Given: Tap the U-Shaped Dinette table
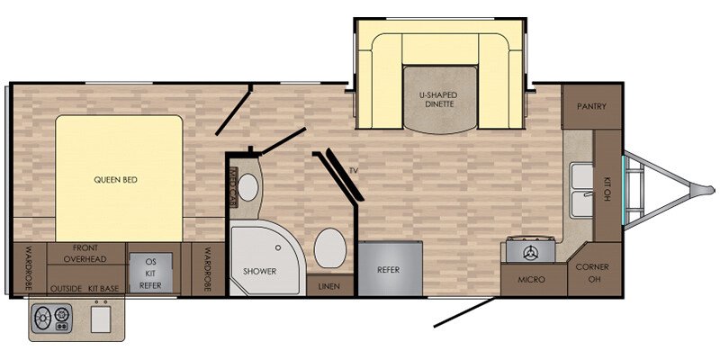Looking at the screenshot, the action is coord(439,100).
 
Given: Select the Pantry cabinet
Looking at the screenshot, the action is coord(591,106).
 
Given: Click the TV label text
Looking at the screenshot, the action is coord(353,170).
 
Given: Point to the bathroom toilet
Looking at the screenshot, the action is coord(329,248).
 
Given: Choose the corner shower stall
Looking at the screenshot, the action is coord(267,260).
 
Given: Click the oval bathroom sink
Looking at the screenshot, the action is coord(248,187).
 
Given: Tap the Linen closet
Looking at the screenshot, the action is coord(329,286).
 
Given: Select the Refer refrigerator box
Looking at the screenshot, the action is coord(391,269).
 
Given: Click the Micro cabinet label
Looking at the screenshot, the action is coord(531,280).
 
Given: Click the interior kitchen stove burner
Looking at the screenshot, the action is coord(530,251).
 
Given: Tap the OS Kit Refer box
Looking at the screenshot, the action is coord(150,273).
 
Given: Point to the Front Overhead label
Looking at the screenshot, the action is coord(85,254).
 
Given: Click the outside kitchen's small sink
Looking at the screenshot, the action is coord(101,319).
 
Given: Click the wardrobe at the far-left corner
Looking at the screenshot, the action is coord(29,269).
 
